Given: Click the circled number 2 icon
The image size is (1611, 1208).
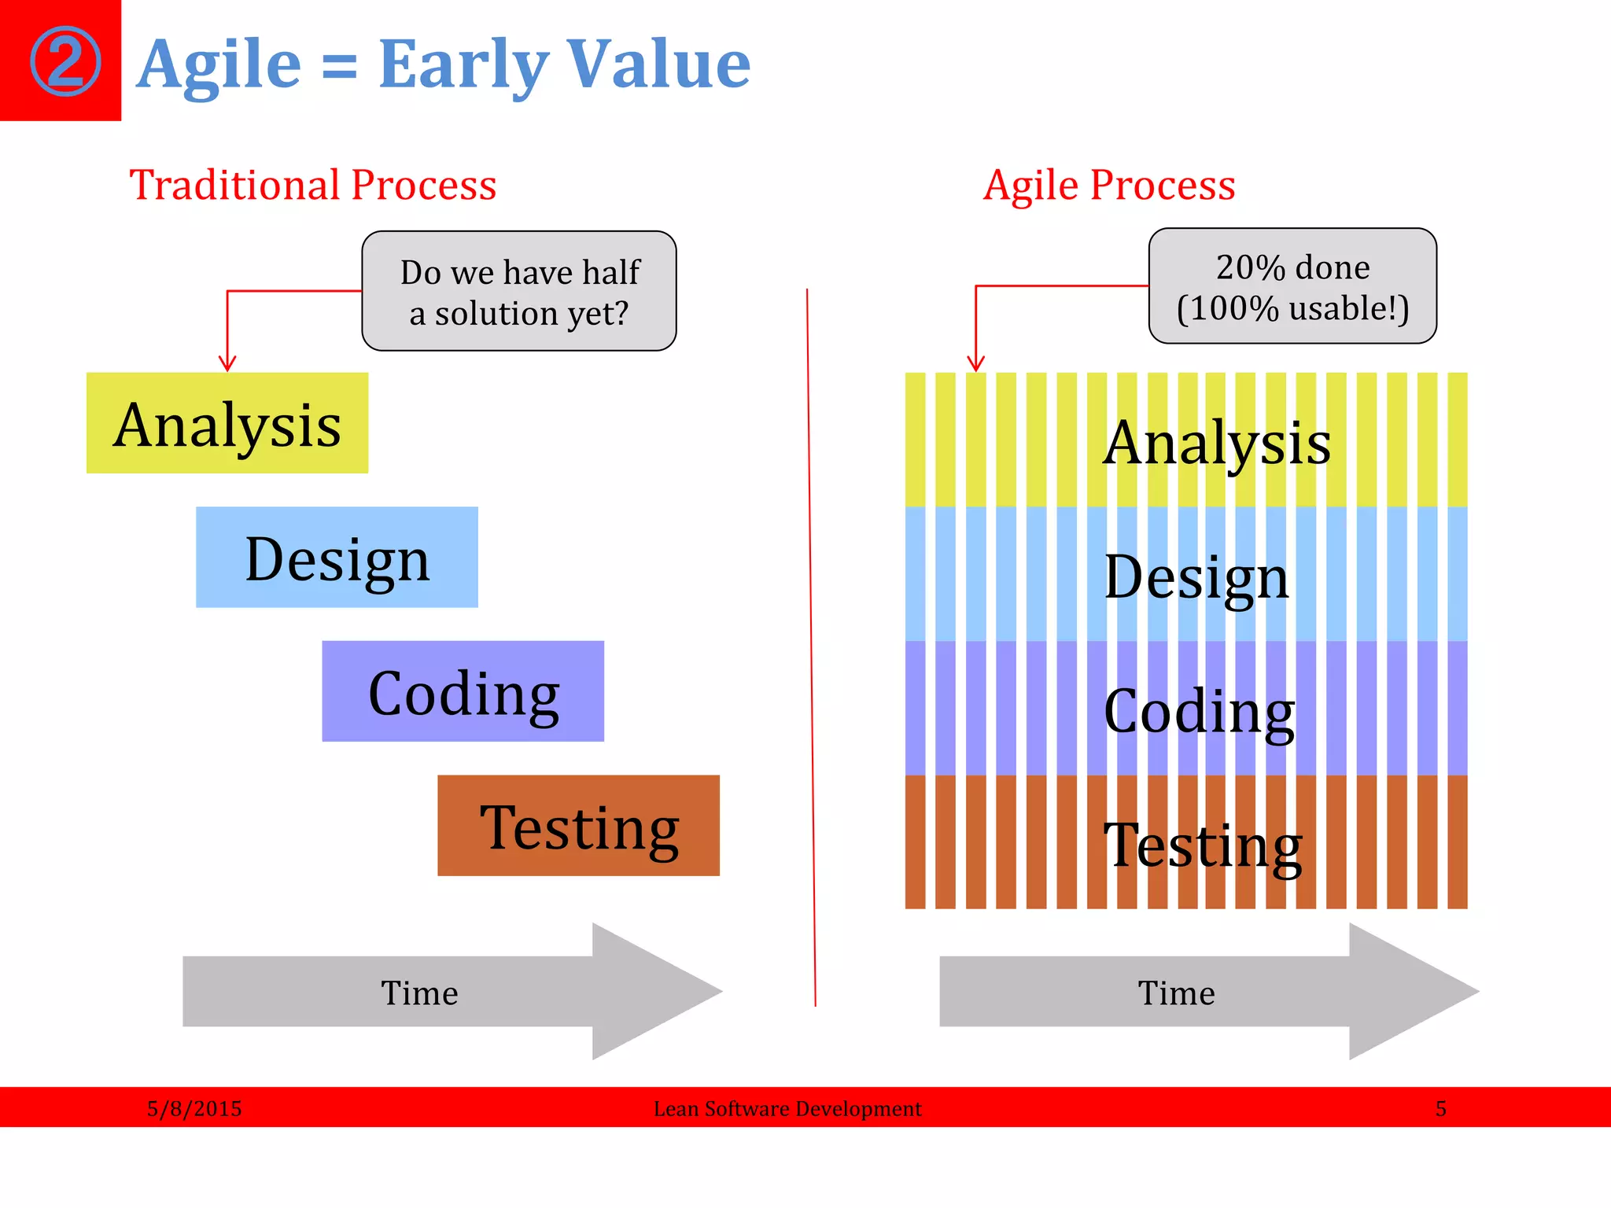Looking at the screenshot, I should (65, 61).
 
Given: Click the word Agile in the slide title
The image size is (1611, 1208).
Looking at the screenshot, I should (219, 64).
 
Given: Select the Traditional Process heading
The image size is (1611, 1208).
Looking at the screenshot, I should (313, 186).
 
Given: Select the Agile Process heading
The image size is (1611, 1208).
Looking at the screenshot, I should (1109, 186).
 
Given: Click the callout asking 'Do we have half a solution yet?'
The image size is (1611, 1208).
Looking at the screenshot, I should (519, 292).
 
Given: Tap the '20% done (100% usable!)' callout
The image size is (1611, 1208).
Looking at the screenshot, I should (1292, 287).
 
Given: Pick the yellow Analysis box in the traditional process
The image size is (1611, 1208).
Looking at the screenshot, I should (227, 424).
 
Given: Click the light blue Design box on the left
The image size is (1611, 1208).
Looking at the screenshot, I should (337, 558).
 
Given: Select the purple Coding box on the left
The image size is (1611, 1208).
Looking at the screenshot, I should (463, 692).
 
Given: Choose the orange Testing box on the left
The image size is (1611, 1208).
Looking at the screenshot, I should (578, 826).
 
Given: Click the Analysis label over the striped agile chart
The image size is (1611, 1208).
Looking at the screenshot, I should (1216, 443).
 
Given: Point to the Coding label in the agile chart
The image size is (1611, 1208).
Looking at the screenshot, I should (1199, 710).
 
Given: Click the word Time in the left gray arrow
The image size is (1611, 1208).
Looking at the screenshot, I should (419, 993).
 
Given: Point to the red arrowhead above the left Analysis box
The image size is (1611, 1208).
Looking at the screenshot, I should (227, 363).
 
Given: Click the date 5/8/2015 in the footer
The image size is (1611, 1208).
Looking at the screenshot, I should (194, 1108).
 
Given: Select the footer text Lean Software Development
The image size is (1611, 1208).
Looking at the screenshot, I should (787, 1108).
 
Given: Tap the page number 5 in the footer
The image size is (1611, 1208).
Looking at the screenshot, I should (1440, 1108).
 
